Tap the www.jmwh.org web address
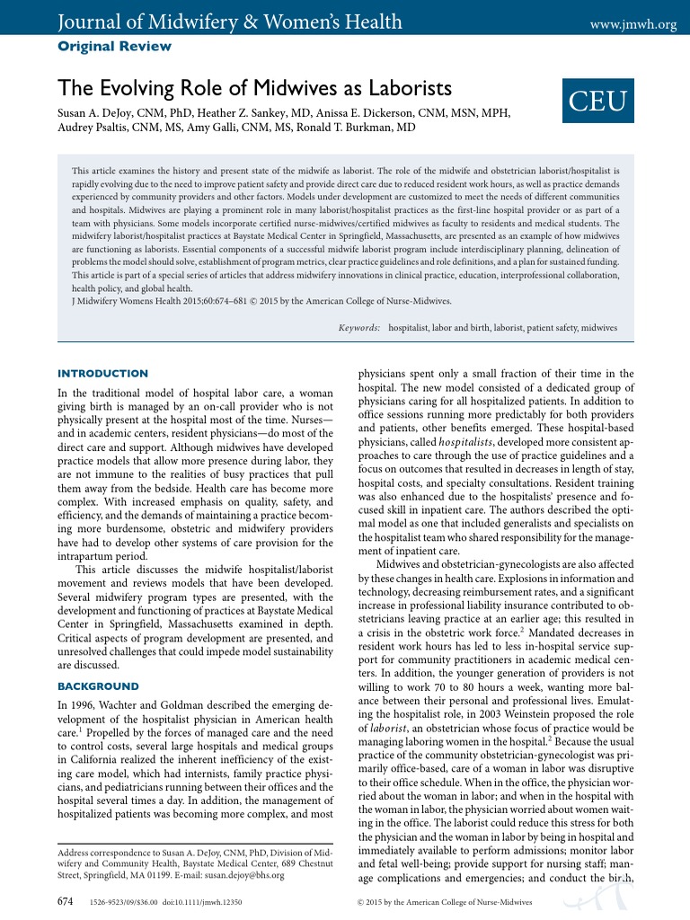(x=632, y=24)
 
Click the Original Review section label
(x=114, y=46)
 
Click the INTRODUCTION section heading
(x=102, y=374)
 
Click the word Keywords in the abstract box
(x=358, y=329)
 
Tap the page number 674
(x=66, y=899)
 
